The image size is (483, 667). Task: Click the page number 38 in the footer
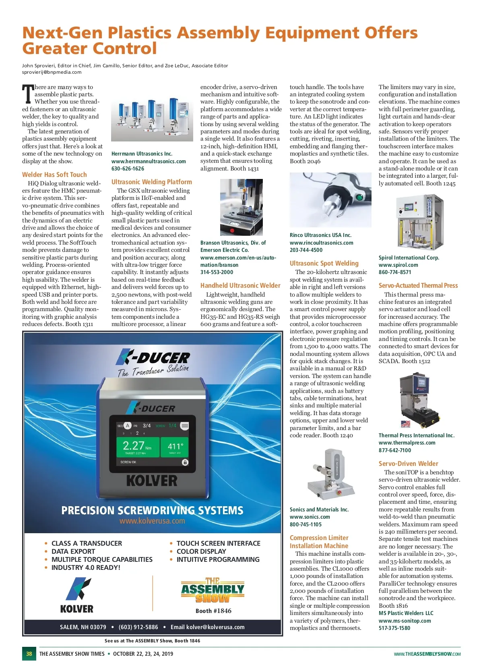29,653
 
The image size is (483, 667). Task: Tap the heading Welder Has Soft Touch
54,175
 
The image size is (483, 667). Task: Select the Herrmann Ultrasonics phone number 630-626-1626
128,168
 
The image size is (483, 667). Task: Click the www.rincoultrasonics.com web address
321,243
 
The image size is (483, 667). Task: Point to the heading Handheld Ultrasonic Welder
240,285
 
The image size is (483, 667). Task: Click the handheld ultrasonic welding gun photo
330,199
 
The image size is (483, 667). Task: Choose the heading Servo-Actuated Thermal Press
418,285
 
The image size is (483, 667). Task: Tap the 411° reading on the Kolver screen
175,446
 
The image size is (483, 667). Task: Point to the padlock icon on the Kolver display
185,462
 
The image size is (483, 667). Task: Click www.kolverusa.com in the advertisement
152,521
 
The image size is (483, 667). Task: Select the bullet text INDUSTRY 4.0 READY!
86,567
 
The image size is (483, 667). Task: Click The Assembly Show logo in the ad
213,590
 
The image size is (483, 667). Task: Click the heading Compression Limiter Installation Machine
319,542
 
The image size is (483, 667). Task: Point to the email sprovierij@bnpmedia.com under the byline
52,72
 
